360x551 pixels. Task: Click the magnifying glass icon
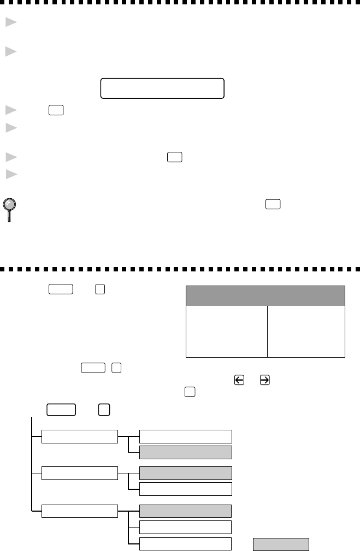(x=9, y=208)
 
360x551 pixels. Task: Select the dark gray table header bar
(x=265, y=295)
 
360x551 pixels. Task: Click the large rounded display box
(x=162, y=88)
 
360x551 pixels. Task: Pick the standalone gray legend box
(x=280, y=544)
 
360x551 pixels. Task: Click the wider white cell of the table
(x=227, y=331)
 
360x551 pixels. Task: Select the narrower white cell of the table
(x=306, y=331)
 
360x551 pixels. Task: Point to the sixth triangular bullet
(x=9, y=174)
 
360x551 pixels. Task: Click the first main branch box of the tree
(x=80, y=437)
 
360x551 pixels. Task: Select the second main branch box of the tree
(x=80, y=473)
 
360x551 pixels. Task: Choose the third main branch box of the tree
(x=80, y=511)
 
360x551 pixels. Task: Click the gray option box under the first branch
(x=185, y=452)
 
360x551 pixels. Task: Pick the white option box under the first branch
(x=185, y=436)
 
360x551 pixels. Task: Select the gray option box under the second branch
(x=185, y=473)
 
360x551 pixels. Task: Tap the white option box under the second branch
(x=185, y=488)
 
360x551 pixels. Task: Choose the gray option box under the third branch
(x=185, y=511)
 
